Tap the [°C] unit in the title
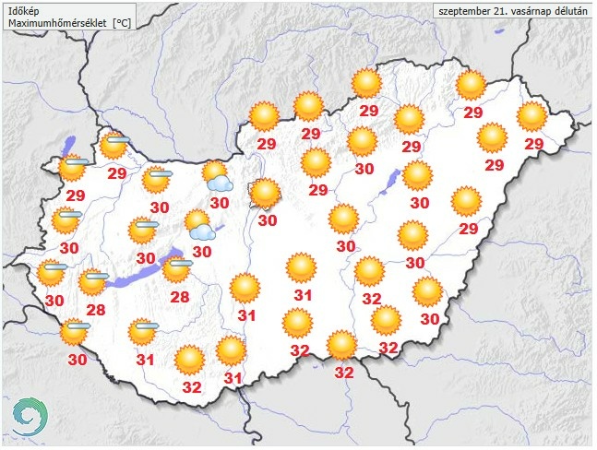[121, 21]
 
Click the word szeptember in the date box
[464, 11]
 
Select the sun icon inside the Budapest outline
[266, 193]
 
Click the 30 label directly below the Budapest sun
[268, 220]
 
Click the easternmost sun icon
[532, 116]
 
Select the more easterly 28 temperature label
[179, 297]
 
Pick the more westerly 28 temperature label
[94, 309]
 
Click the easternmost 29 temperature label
[533, 144]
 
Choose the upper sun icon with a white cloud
[217, 174]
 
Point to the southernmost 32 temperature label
[343, 373]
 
